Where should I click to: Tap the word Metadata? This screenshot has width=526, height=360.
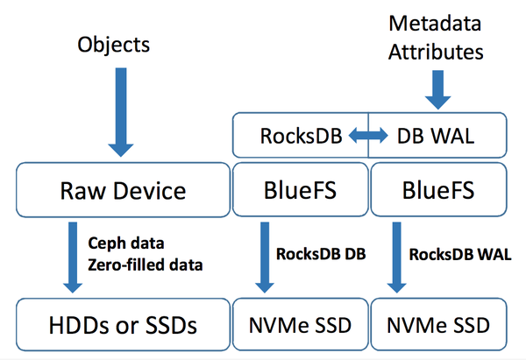[435, 25]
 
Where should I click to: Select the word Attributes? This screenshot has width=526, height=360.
[435, 53]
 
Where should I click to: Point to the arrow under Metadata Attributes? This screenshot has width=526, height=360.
[435, 88]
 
